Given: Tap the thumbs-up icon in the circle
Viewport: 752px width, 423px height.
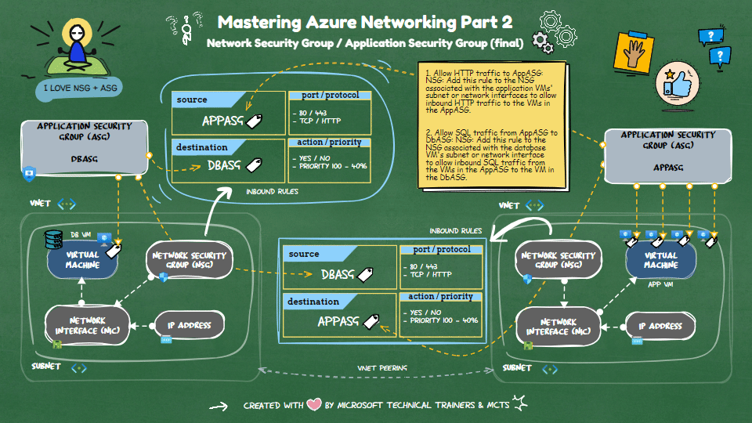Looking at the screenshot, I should (677, 81).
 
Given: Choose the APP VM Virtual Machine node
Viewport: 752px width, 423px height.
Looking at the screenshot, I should (660, 260).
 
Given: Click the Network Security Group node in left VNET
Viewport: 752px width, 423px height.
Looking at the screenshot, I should (189, 260).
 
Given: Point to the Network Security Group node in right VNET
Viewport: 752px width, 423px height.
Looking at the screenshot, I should (558, 260).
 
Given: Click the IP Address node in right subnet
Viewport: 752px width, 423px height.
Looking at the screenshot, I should (659, 326).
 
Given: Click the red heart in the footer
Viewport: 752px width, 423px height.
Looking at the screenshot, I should (314, 405).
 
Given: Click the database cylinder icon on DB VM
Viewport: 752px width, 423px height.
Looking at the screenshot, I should (54, 237).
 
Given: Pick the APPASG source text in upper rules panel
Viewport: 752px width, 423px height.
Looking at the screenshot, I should (222, 121).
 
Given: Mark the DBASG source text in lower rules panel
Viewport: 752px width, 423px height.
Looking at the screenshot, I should (338, 275).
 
